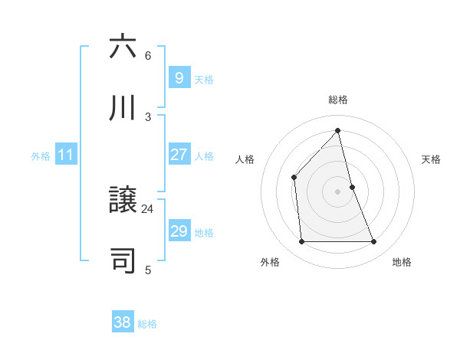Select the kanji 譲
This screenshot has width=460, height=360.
pyautogui.click(x=123, y=201)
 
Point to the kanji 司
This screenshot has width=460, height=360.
pyautogui.click(x=123, y=260)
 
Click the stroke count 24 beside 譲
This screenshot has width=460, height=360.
pyautogui.click(x=148, y=208)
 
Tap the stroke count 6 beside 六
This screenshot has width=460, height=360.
pyautogui.click(x=148, y=56)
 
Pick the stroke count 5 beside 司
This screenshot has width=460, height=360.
pyautogui.click(x=148, y=270)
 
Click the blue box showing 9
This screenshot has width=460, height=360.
pyautogui.click(x=179, y=77)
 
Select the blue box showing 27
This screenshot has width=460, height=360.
pyautogui.click(x=179, y=155)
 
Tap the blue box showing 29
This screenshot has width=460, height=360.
pyautogui.click(x=179, y=231)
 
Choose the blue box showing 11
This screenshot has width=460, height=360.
pyautogui.click(x=65, y=155)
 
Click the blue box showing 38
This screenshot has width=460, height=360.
pyautogui.click(x=122, y=322)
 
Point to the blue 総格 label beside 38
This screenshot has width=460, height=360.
pyautogui.click(x=147, y=324)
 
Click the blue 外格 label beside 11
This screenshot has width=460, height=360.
pyautogui.click(x=41, y=156)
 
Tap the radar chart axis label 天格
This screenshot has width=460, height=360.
pyautogui.click(x=432, y=159)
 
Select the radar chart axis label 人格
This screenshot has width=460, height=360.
pyautogui.click(x=245, y=159)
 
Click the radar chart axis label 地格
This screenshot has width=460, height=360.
pyautogui.click(x=402, y=262)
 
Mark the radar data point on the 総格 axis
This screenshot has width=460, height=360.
pyautogui.click(x=337, y=130)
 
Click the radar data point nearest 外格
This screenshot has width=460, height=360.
pyautogui.click(x=301, y=242)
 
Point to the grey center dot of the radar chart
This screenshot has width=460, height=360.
pyautogui.click(x=337, y=191)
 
